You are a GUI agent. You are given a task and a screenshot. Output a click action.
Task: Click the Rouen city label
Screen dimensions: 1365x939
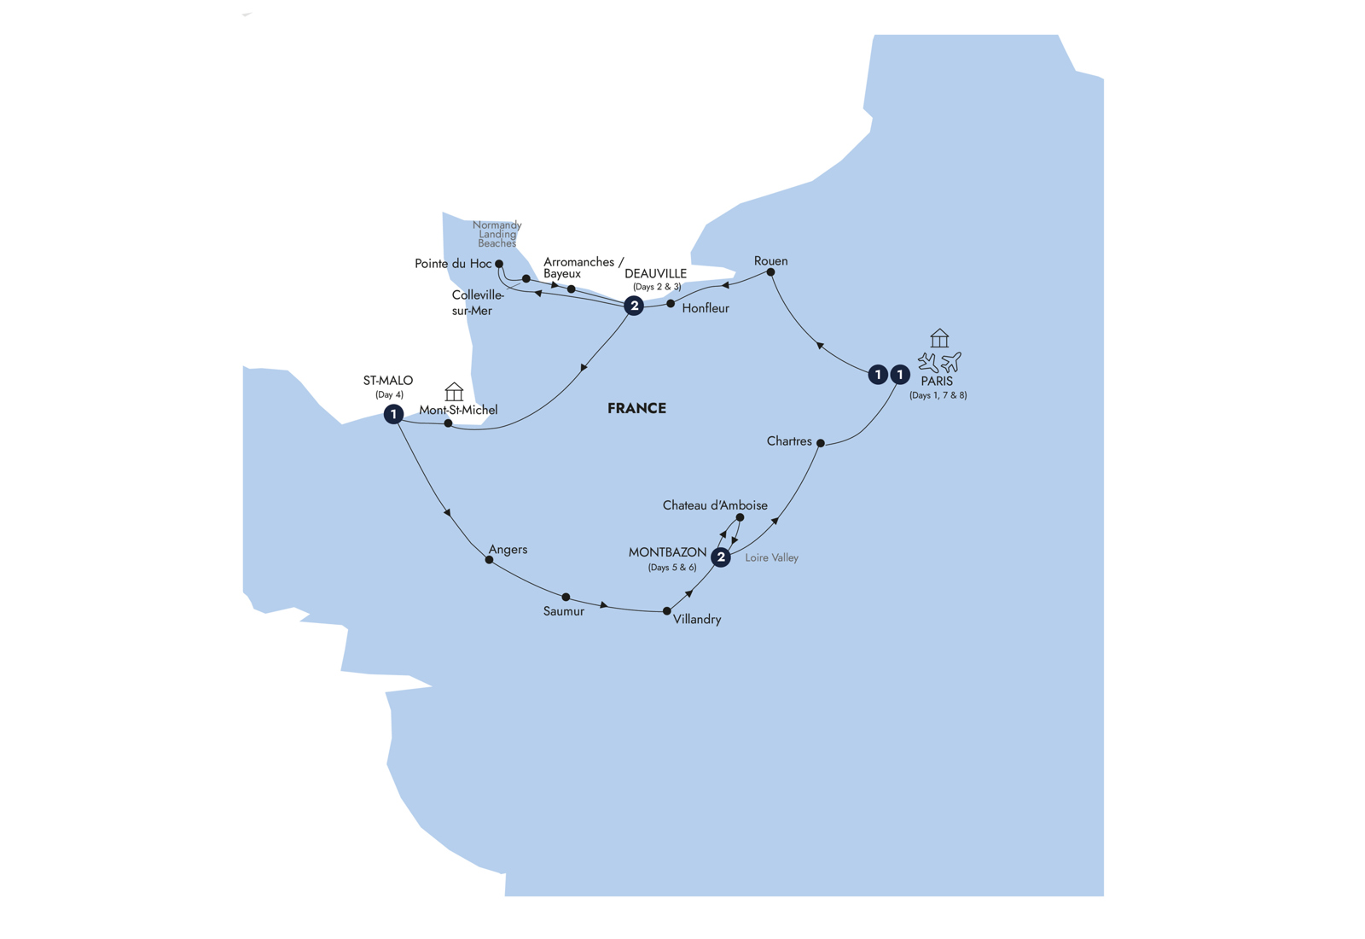(771, 261)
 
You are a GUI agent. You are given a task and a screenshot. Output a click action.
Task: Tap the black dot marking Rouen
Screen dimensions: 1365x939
(771, 272)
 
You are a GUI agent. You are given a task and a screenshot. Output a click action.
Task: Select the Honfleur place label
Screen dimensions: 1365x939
(706, 308)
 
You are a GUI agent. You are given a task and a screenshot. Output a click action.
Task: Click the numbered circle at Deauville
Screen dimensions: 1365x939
(635, 306)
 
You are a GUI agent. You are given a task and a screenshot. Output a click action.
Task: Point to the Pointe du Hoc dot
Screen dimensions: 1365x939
(499, 264)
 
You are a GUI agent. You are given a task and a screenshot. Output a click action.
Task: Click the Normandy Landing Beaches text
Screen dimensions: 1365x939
(497, 234)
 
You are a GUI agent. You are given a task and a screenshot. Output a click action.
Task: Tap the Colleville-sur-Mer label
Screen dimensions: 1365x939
(479, 303)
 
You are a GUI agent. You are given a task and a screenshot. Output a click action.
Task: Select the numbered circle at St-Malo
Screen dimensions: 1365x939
(393, 415)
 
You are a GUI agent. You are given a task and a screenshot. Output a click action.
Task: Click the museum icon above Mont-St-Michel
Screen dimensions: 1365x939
(454, 392)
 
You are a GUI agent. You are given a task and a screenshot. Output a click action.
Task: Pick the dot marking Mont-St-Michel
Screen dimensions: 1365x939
(448, 423)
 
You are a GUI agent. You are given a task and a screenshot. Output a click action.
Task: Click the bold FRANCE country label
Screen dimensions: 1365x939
(636, 409)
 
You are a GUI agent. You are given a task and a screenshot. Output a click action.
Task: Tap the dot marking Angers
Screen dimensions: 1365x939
(490, 560)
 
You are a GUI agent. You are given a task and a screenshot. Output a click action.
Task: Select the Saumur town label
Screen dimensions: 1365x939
(564, 611)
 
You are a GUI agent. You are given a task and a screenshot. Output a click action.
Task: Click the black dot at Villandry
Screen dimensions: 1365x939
(666, 611)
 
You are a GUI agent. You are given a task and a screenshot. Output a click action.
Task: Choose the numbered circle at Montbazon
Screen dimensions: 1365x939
(721, 557)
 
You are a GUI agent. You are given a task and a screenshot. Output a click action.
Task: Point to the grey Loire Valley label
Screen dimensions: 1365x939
(771, 558)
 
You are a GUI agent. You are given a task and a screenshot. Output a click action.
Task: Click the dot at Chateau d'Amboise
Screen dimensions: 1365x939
(740, 517)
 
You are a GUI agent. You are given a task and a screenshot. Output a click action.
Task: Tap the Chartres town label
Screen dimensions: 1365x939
(789, 440)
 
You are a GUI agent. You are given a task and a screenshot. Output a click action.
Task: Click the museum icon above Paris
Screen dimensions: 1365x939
(939, 338)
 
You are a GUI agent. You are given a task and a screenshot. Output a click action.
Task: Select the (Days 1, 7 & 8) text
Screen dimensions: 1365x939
(938, 395)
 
